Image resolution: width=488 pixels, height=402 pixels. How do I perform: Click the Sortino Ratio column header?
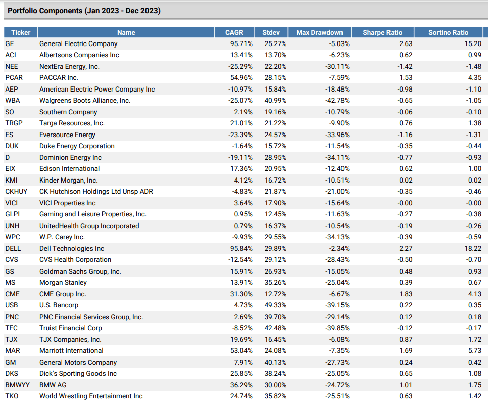(448, 32)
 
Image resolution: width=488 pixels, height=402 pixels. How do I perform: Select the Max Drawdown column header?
(319, 32)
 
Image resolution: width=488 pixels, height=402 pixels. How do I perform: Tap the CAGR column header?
(234, 32)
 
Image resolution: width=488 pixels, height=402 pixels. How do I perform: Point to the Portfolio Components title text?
(84, 10)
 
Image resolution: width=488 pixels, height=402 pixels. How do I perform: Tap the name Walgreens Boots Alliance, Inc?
(85, 101)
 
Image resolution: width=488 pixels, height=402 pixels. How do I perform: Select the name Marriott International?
(71, 351)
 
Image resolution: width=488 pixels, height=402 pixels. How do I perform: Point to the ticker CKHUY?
(16, 192)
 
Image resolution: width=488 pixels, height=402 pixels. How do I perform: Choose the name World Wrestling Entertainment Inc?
(91, 396)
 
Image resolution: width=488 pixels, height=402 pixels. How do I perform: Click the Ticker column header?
(21, 32)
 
